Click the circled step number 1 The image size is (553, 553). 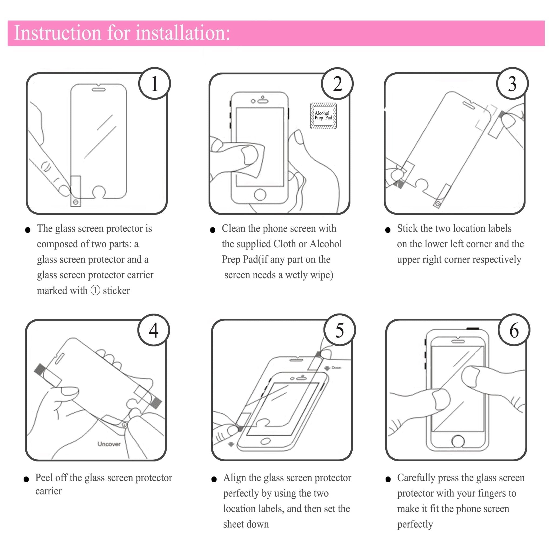154,84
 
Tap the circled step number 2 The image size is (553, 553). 338,84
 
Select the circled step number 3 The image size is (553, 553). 512,84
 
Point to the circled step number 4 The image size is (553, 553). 154,330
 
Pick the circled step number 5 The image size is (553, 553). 340,330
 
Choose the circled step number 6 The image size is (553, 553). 514,330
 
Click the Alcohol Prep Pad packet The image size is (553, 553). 323,116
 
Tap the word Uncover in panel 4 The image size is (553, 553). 109,444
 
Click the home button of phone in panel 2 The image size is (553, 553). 260,195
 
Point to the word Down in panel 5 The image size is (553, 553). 336,367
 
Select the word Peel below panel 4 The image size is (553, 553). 44,478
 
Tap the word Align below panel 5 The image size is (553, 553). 234,478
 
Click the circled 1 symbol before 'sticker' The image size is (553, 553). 95,291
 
